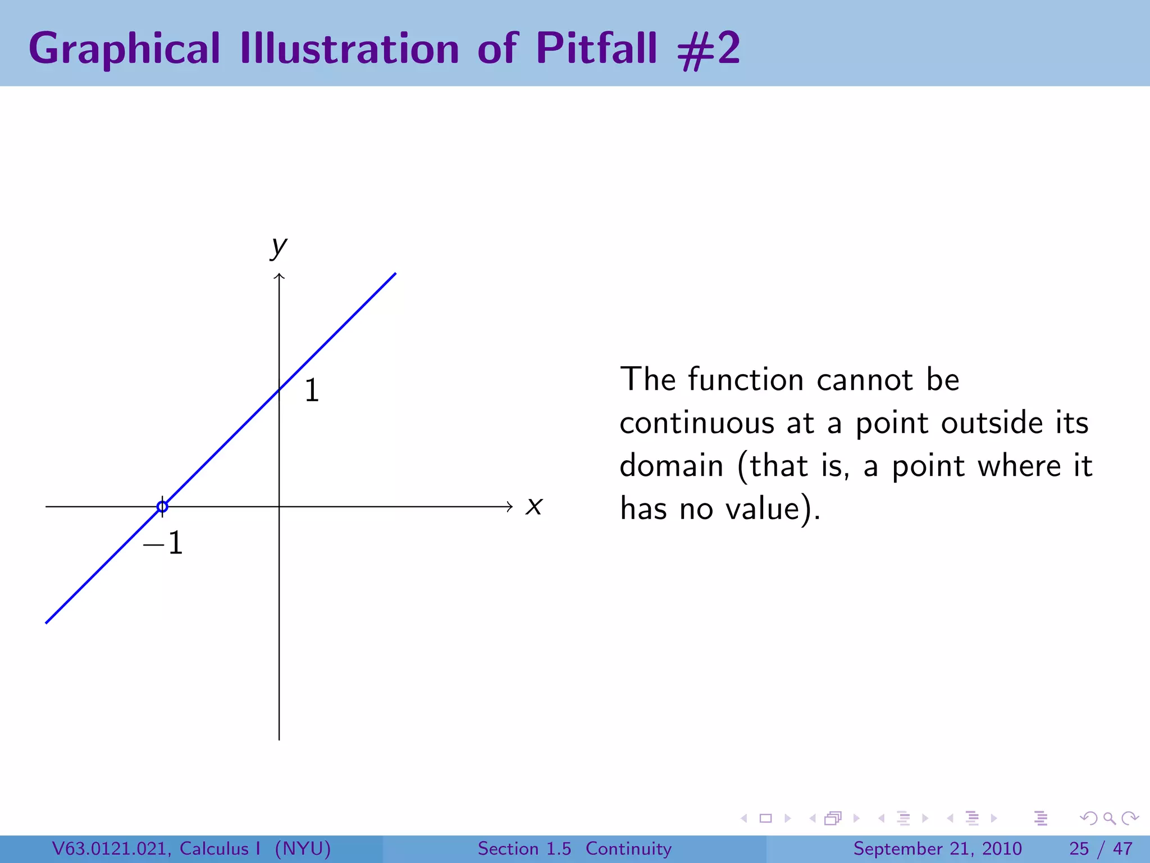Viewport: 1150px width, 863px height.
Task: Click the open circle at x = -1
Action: pyautogui.click(x=162, y=507)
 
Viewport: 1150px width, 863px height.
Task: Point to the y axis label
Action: pyautogui.click(x=279, y=246)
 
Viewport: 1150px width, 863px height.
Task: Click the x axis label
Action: pyautogui.click(x=534, y=506)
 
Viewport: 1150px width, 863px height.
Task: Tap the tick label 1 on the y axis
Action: pyautogui.click(x=312, y=390)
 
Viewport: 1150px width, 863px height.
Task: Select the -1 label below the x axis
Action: pyautogui.click(x=163, y=543)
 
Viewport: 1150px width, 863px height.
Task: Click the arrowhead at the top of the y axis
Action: pyautogui.click(x=279, y=276)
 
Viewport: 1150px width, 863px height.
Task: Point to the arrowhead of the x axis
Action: pyautogui.click(x=509, y=507)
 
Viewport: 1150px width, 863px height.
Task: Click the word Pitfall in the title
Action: pyautogui.click(x=596, y=48)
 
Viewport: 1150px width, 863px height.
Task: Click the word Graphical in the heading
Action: pyautogui.click(x=124, y=49)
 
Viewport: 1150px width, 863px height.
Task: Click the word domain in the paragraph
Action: pyautogui.click(x=672, y=466)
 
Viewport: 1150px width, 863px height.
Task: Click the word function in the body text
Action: pyautogui.click(x=746, y=380)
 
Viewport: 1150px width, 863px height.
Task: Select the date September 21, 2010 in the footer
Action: pyautogui.click(x=937, y=848)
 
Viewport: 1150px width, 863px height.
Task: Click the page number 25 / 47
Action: pyautogui.click(x=1101, y=848)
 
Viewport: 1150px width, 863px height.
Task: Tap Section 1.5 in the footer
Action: pyautogui.click(x=524, y=848)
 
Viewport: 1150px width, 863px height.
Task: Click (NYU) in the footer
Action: pyautogui.click(x=303, y=848)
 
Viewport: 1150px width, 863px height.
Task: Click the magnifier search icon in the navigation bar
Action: pyautogui.click(x=1109, y=819)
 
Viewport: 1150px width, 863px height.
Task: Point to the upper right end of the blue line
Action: pyautogui.click(x=395, y=274)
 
